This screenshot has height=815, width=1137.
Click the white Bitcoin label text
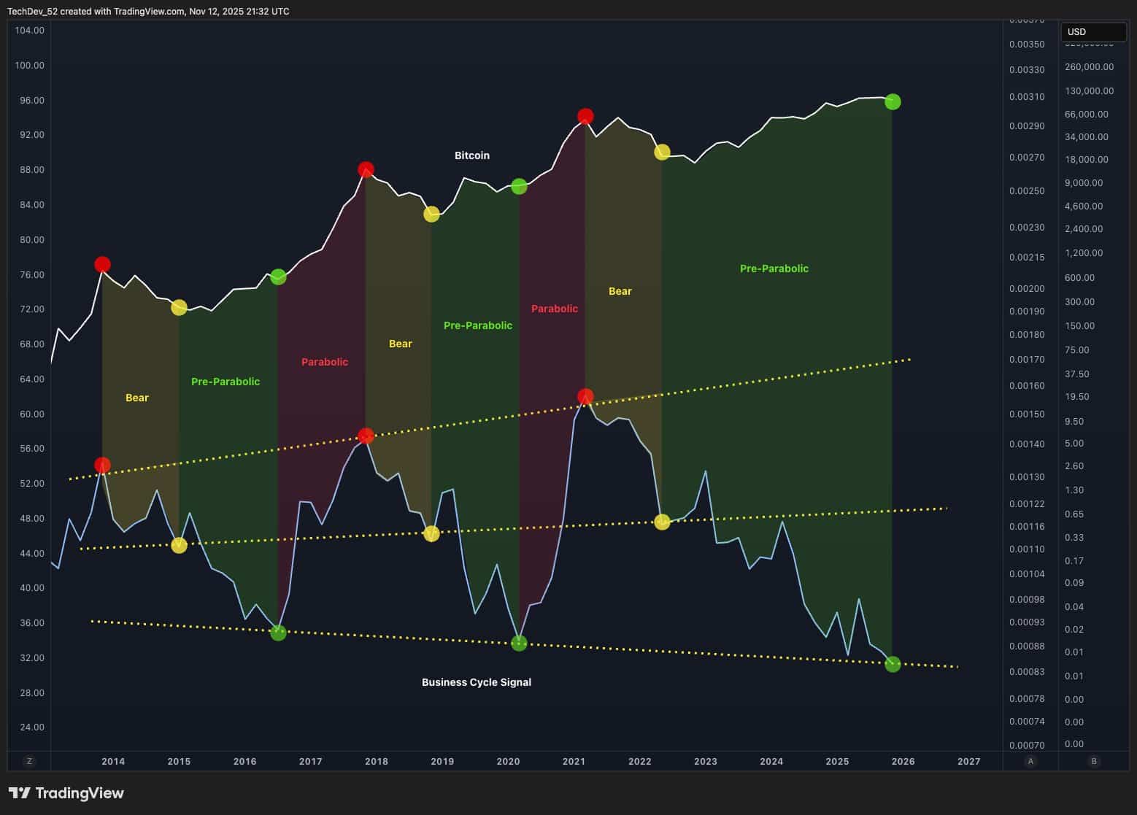click(x=471, y=155)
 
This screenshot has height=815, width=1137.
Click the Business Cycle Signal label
click(x=476, y=682)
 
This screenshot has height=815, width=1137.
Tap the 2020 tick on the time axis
click(x=508, y=761)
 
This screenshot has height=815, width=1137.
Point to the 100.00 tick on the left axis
click(x=29, y=65)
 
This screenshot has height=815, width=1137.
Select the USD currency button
click(x=1092, y=32)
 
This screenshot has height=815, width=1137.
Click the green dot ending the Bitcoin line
click(x=892, y=101)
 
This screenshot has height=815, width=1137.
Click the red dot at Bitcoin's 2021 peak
click(x=585, y=116)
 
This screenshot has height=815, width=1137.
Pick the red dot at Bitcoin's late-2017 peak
click(x=366, y=169)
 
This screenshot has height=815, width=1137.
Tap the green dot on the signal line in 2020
click(x=519, y=643)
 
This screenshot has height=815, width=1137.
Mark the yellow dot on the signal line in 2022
click(x=662, y=522)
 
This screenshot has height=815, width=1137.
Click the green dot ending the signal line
click(x=893, y=664)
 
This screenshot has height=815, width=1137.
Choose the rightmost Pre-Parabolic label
click(x=774, y=269)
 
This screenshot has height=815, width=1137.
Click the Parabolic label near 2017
click(x=324, y=362)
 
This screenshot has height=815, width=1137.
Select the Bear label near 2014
click(x=137, y=398)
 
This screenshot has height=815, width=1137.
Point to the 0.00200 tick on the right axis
click(x=1027, y=288)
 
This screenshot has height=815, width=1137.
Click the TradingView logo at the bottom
click(x=66, y=793)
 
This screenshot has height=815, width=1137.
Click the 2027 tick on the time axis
click(x=968, y=761)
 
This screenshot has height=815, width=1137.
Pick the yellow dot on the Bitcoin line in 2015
click(x=179, y=307)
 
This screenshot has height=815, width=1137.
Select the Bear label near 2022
click(x=620, y=291)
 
